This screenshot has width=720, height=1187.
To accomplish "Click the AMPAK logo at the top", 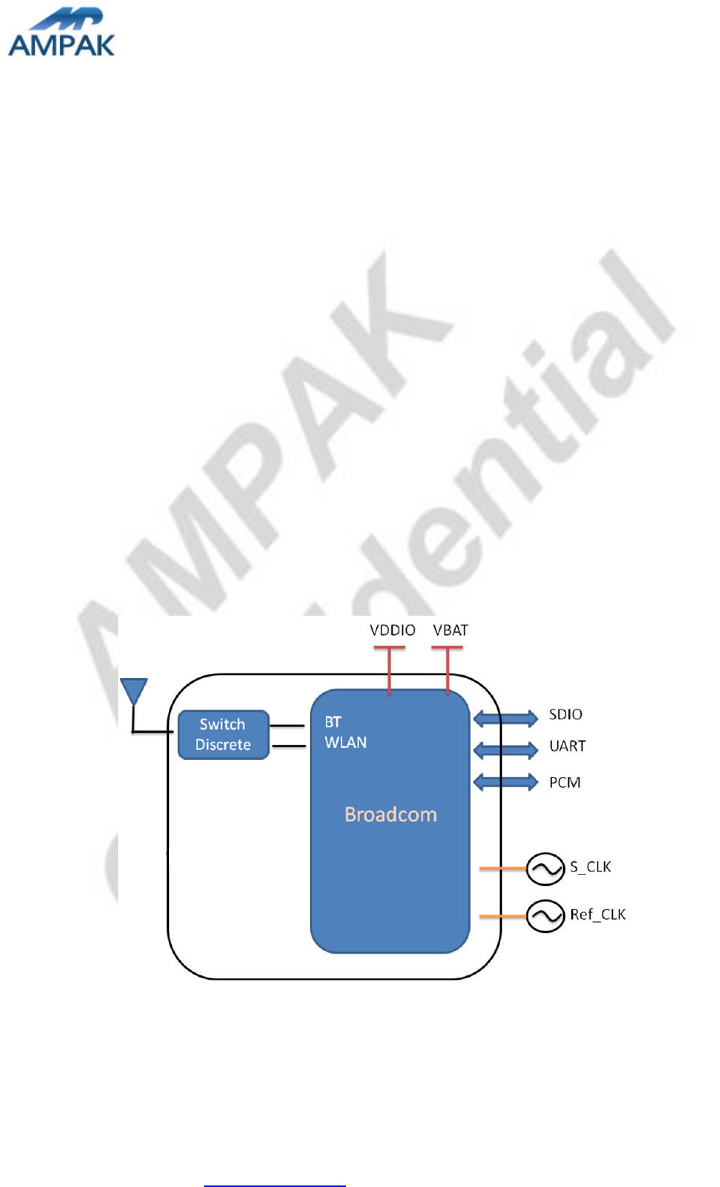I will coord(62,33).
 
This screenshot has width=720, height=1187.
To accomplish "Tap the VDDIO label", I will coord(392,630).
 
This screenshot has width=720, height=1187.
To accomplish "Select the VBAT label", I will coord(450,630).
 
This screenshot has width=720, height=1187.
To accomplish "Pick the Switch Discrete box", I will coord(223,734).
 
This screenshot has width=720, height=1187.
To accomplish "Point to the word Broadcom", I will coord(390,815).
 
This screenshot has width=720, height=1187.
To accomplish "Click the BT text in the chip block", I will coord(333,722).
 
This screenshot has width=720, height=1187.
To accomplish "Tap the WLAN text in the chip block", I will coord(345,743).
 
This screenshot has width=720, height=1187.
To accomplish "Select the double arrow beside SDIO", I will coord(505,719).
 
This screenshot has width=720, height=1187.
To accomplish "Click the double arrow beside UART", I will coord(505,749).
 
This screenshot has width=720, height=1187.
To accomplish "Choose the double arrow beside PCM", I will coord(505,782).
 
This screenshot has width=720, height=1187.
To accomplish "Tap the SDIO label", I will coord(565,715).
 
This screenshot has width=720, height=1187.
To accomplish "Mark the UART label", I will coord(567,746).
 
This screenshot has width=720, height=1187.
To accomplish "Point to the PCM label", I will coord(565,782).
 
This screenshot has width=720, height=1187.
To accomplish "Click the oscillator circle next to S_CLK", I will coord(545,869).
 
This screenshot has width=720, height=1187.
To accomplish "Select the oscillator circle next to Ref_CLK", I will coord(545,916).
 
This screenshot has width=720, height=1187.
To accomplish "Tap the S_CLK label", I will coord(590,867).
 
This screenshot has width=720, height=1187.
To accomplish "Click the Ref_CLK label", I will coord(598,914).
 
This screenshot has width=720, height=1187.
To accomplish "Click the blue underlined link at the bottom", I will coord(275,1185).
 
